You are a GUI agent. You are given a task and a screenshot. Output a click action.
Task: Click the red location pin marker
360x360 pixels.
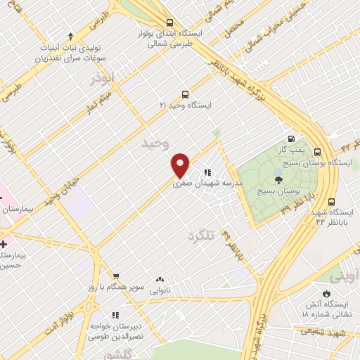tap(181, 165)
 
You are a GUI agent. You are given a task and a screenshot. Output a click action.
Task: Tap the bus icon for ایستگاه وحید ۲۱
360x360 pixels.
tap(185, 94)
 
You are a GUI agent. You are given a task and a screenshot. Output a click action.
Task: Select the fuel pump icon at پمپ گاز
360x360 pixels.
tap(290, 139)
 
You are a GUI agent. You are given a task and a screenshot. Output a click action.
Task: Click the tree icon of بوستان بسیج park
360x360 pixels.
tap(278, 181)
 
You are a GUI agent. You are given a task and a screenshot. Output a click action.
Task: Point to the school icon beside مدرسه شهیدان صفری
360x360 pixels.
tap(207, 172)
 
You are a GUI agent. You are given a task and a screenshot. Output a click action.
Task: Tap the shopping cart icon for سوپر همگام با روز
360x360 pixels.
tap(116, 277)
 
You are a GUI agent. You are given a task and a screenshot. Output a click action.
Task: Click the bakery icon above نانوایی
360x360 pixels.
tap(160, 279)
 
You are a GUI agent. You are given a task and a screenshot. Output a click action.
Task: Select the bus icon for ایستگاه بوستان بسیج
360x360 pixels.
tap(317, 151)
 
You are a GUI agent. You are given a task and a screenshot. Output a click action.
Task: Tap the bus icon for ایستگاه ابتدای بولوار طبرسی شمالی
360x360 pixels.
tap(168, 22)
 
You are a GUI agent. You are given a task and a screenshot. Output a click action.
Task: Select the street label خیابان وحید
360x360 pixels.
tap(59, 193)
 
